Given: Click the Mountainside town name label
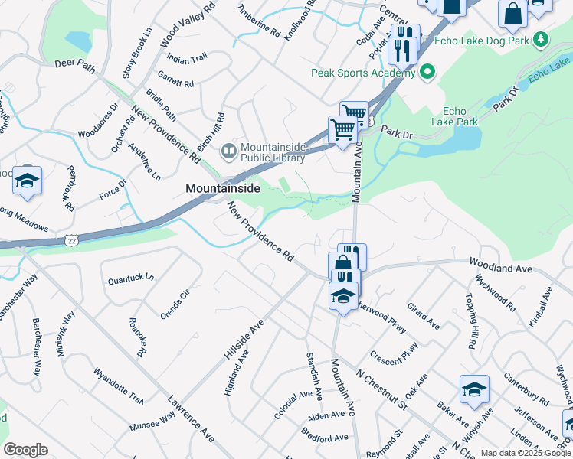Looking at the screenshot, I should coord(222,187).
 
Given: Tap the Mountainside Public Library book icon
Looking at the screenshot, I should coord(228,151).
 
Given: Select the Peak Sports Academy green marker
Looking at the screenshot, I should coord(427,73).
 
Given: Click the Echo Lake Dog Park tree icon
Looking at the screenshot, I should coord(541,39).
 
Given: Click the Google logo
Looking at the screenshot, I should coord(25,450).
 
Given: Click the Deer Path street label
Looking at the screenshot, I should coord(75,65).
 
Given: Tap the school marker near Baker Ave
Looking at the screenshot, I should coord(475,390).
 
